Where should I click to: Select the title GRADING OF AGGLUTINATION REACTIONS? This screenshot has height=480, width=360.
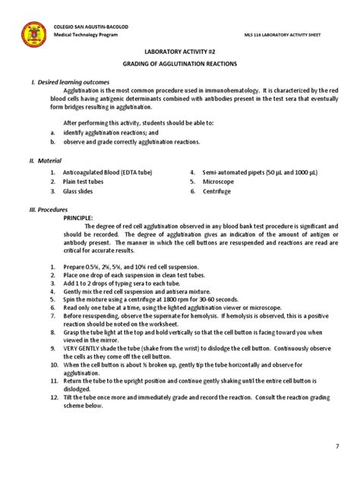click(x=181, y=65)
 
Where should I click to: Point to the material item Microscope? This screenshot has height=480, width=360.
click(x=219, y=182)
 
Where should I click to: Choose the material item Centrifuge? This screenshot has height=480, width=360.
click(x=217, y=191)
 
